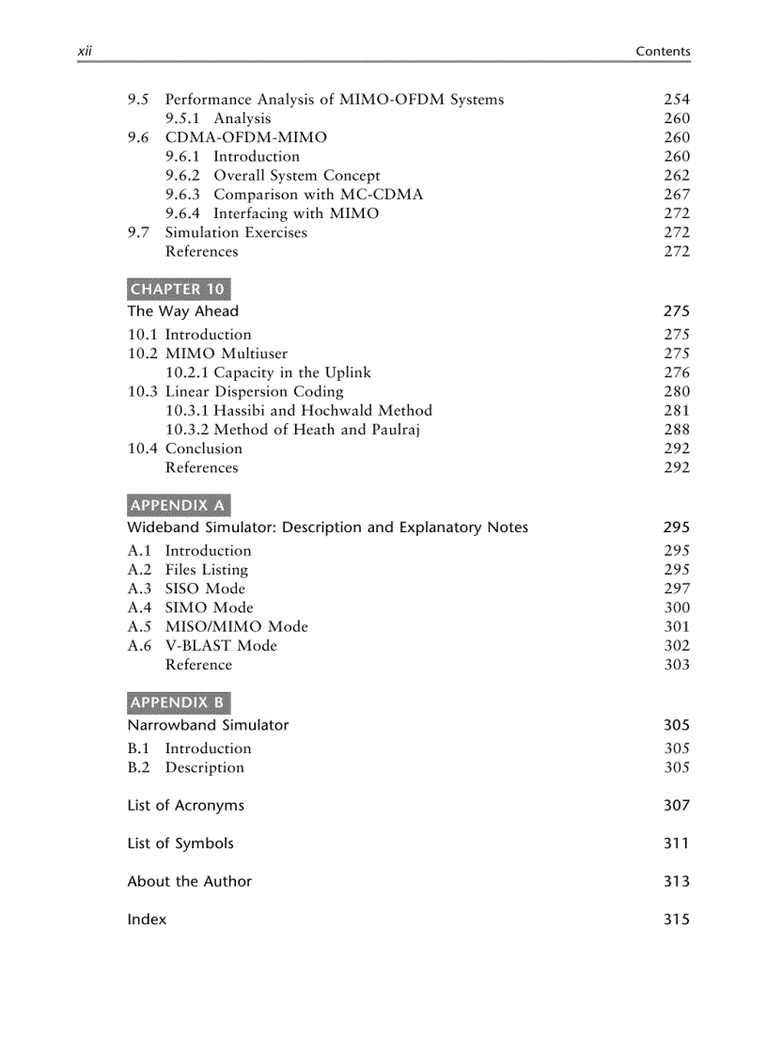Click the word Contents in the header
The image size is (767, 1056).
coord(663,52)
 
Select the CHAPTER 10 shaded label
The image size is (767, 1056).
coord(178,289)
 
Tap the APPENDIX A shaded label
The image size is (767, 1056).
coord(178,505)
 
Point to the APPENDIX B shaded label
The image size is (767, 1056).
coord(178,702)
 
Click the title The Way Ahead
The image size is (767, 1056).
coord(183,311)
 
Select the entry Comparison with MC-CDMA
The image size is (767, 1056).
coord(318,195)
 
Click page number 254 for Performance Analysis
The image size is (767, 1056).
coord(676,100)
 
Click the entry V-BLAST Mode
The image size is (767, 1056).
coord(221,646)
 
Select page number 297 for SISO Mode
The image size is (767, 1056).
coord(676,589)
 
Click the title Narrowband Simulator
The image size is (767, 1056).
coord(208,725)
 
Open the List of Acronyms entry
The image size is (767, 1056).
coord(185,805)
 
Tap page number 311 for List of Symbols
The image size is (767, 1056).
coord(676,843)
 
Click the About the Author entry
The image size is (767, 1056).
coord(189,881)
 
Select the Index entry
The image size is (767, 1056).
coord(147,920)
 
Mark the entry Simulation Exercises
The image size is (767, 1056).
coord(236,232)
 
